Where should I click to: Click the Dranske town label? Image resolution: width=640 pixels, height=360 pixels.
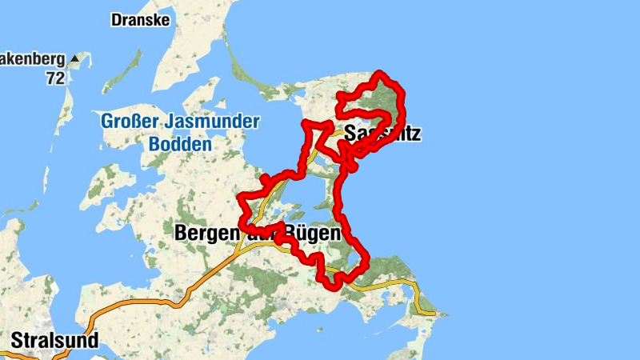140,20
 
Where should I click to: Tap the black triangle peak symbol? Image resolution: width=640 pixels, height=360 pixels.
74,59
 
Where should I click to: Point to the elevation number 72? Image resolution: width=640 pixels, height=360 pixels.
54,78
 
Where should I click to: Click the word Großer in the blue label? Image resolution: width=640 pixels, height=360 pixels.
129,122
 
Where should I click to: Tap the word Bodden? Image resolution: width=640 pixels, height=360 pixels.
180,145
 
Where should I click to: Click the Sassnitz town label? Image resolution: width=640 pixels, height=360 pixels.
382,134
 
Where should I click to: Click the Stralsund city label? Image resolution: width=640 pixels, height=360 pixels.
55,341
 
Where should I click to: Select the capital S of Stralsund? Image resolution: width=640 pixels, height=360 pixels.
17,341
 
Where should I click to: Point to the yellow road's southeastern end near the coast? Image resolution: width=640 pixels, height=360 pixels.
432,312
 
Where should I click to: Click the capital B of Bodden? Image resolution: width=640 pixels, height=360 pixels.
154,145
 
